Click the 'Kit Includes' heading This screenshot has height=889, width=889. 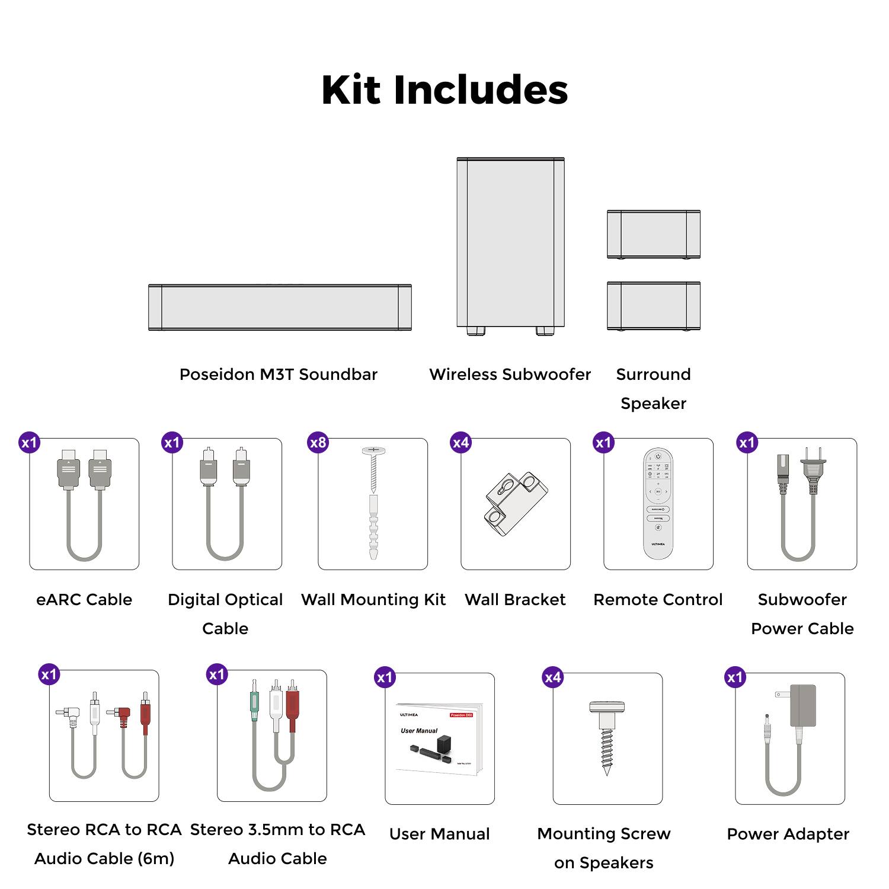(444, 90)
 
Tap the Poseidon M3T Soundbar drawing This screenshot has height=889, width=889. (280, 307)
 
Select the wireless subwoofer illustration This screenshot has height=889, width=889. (510, 243)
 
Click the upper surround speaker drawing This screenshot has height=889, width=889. (653, 234)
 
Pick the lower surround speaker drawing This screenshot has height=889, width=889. (653, 306)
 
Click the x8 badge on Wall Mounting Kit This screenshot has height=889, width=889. (318, 443)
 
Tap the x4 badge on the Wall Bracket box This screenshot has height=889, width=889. (461, 443)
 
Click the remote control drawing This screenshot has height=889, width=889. (658, 504)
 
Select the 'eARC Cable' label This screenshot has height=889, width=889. (84, 600)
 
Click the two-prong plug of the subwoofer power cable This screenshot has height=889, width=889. (813, 468)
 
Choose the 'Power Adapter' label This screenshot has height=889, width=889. (788, 834)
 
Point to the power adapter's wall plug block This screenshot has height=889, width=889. (802, 705)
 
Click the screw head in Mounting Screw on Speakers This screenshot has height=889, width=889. (607, 706)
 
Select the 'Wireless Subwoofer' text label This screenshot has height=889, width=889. (510, 375)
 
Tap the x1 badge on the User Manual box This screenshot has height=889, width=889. (385, 677)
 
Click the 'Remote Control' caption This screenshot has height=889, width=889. (658, 600)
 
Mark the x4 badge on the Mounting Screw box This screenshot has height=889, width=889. (552, 677)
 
